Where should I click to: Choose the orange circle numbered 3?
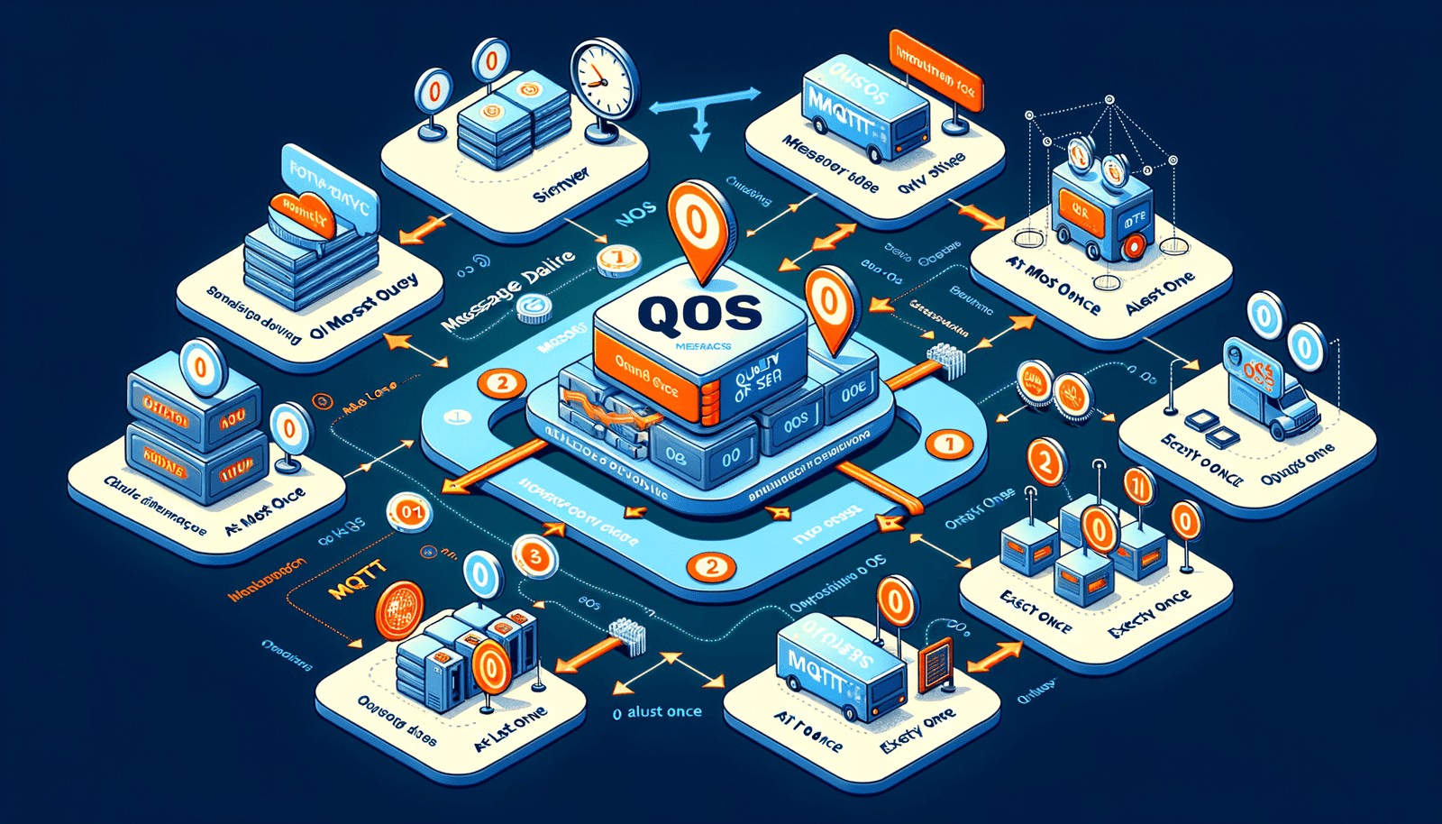(x=534, y=556)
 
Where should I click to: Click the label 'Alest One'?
(x=1160, y=293)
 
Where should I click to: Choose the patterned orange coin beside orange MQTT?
(x=398, y=610)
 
